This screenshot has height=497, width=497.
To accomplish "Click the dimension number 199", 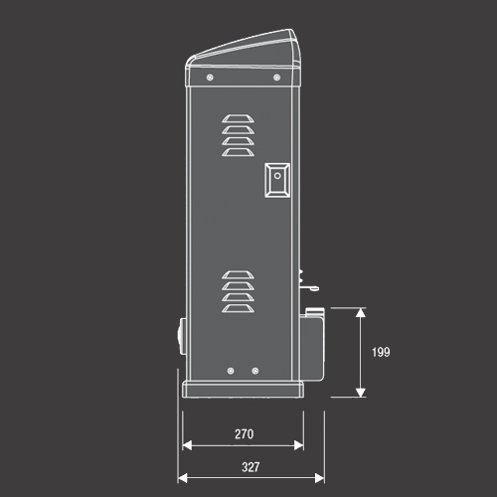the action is pyautogui.click(x=381, y=352).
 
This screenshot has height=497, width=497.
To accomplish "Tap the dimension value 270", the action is pyautogui.click(x=245, y=434).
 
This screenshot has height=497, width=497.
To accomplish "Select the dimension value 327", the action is pyautogui.click(x=250, y=467).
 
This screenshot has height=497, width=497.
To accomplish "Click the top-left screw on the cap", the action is pyautogui.click(x=210, y=78).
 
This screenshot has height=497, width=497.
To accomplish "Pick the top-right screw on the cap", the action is pyautogui.click(x=277, y=78).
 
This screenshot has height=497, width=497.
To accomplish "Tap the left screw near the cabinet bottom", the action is pyautogui.click(x=231, y=371).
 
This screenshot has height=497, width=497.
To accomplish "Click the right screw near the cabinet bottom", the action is pyautogui.click(x=255, y=371).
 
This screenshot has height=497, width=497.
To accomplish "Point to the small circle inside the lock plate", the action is pyautogui.click(x=277, y=176).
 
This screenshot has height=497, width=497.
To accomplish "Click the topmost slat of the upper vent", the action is pyautogui.click(x=238, y=118).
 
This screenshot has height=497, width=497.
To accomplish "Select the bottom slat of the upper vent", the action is pyautogui.click(x=238, y=152).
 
